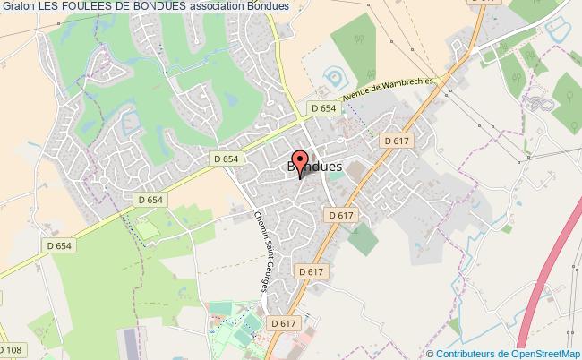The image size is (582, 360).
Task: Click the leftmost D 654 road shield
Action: point(58,245)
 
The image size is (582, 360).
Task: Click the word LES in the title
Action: point(51,7)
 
